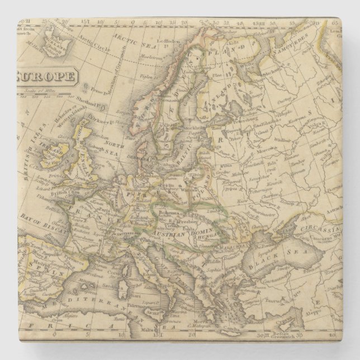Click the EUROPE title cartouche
45,76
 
